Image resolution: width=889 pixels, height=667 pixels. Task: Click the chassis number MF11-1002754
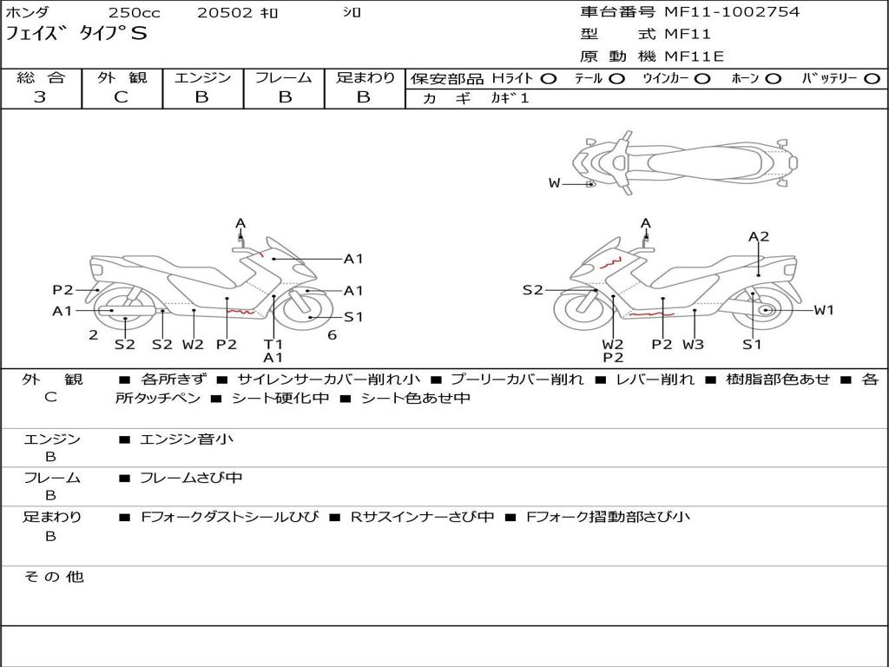(x=732, y=12)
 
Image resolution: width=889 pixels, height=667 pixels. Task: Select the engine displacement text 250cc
(x=132, y=13)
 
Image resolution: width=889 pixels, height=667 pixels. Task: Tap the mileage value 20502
(x=225, y=13)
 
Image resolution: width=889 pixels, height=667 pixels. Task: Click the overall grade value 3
(x=40, y=97)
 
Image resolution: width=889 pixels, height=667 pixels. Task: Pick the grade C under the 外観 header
(x=122, y=97)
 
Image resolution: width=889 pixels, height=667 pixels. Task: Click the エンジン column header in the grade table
(x=202, y=78)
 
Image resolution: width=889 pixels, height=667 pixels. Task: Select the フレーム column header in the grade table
(x=284, y=78)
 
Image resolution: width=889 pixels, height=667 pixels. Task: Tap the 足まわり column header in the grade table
(x=365, y=78)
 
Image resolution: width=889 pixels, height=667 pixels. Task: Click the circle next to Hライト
(x=548, y=79)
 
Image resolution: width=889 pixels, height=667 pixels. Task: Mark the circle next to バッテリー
(x=872, y=79)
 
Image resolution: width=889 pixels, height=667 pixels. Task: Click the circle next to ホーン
(x=773, y=79)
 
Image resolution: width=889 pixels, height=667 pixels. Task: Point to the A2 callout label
(x=759, y=236)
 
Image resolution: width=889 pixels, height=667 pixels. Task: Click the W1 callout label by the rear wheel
(x=823, y=310)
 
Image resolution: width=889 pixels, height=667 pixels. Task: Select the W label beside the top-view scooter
(x=555, y=183)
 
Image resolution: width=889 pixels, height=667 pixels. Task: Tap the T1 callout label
(x=273, y=344)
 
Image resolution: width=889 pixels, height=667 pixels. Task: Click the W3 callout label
(x=693, y=344)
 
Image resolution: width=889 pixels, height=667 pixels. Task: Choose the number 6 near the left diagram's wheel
(x=332, y=334)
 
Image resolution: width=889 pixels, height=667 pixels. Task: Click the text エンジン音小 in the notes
(x=187, y=439)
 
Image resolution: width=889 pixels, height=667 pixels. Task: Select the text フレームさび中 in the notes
(x=191, y=478)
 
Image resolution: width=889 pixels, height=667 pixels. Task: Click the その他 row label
(x=54, y=577)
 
